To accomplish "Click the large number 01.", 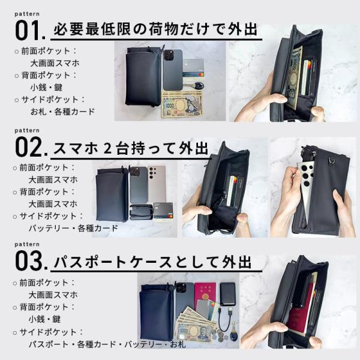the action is click(30, 31).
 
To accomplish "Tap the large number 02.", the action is click(31, 147).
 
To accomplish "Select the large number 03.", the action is click(31, 260).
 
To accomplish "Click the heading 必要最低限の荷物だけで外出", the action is click(155, 29).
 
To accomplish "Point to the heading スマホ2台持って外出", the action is click(131, 148).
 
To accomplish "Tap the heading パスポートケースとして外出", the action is click(152, 262).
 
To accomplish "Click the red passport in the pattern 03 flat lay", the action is click(205, 295).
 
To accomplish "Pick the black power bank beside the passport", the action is click(227, 294).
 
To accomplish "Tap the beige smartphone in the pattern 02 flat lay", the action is click(157, 184).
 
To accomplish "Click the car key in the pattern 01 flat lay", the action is click(196, 86).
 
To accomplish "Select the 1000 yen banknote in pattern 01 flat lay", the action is click(182, 107).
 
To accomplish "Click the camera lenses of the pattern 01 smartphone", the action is click(169, 56).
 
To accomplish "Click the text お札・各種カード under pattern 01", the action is click(62, 112).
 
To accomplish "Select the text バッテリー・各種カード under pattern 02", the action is click(73, 228).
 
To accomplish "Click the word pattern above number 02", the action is click(27, 130).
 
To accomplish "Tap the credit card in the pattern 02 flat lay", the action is click(163, 211).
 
